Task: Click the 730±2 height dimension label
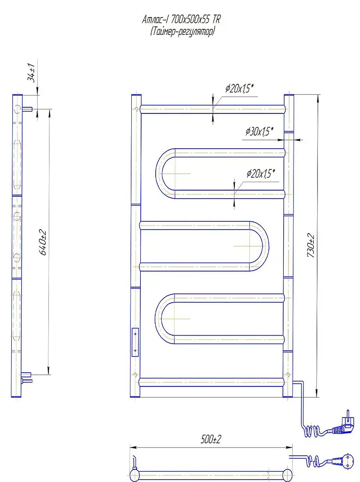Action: tap(311, 246)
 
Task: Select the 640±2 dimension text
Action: tap(43, 242)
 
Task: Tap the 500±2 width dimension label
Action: tap(211, 439)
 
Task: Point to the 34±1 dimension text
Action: tap(32, 72)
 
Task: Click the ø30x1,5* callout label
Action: tap(259, 132)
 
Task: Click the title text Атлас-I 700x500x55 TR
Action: tap(181, 20)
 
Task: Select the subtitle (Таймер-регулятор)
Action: tap(183, 32)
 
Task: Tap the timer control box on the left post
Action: tap(135, 342)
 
